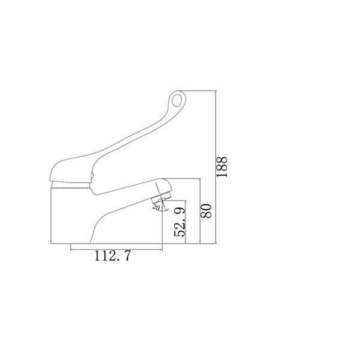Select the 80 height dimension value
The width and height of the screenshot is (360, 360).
(206, 211)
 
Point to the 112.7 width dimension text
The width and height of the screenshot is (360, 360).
(112, 257)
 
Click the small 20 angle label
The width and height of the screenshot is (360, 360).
(156, 207)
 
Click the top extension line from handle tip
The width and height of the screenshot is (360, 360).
(201, 90)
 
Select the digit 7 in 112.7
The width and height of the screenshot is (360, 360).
(127, 257)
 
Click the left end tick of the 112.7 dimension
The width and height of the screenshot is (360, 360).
(71, 248)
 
